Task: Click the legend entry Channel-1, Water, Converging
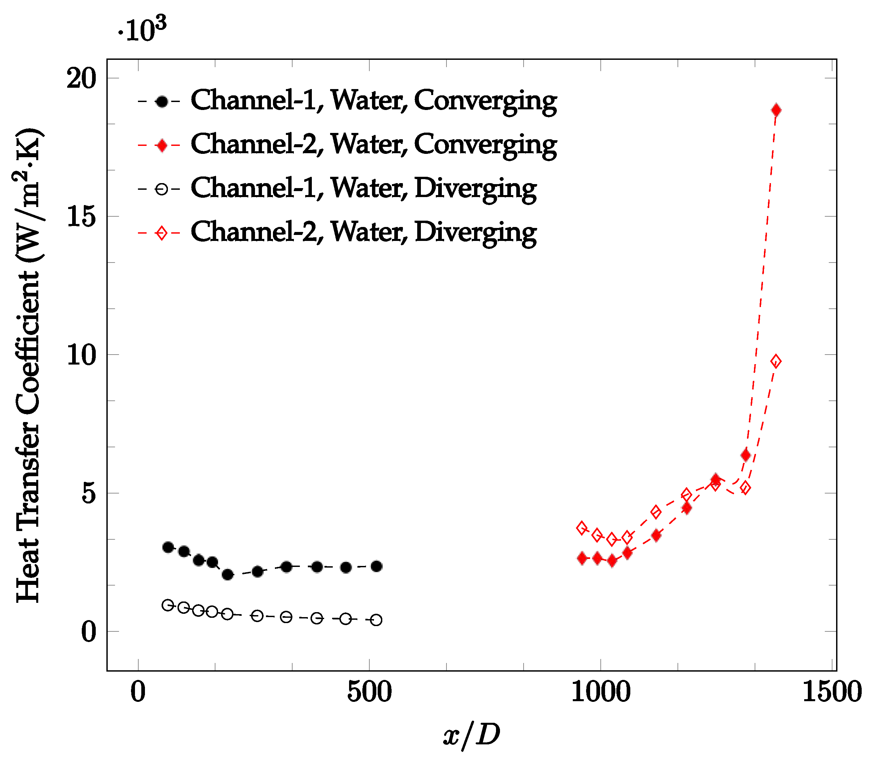point(373,101)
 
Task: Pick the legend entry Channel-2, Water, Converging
point(373,145)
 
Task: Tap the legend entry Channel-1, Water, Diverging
point(363,189)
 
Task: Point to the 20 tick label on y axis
point(81,78)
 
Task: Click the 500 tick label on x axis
point(369,693)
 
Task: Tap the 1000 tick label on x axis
point(600,693)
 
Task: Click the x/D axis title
point(471,735)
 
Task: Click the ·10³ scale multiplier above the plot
point(142,30)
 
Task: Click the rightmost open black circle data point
point(376,620)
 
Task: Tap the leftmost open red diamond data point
point(582,528)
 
